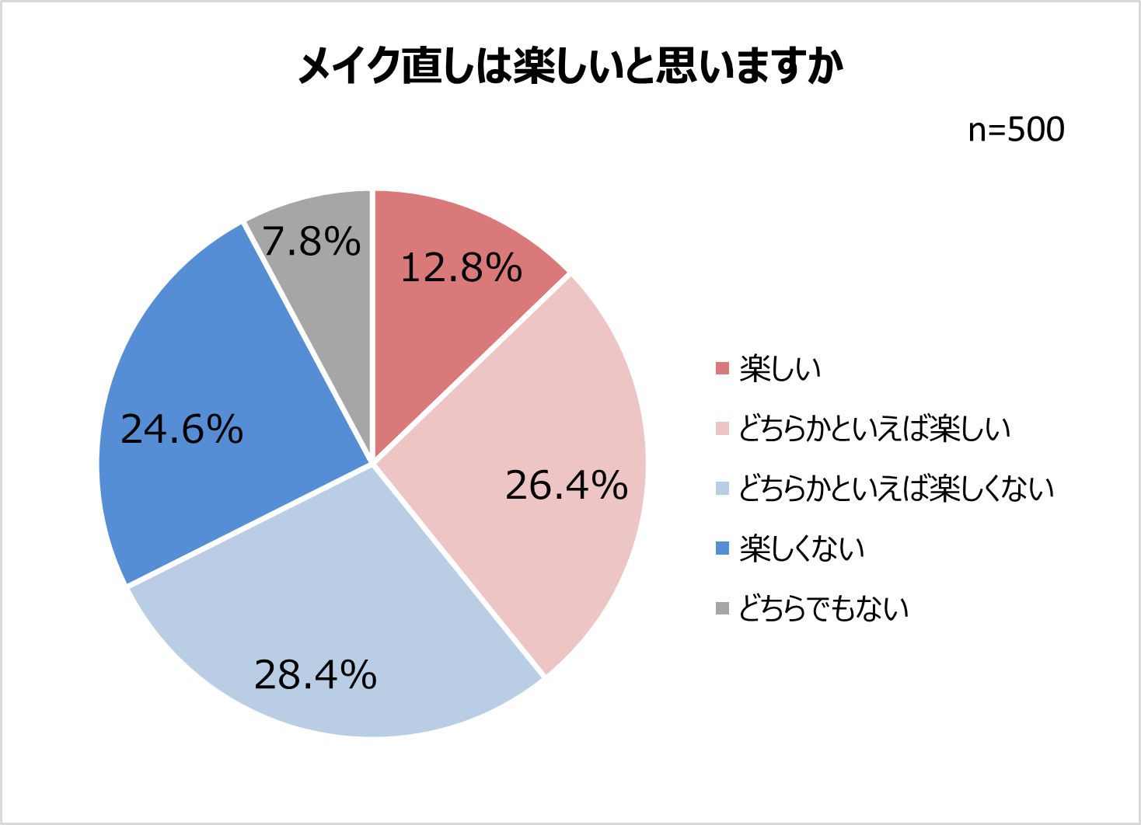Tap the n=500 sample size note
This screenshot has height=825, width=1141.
tap(1016, 131)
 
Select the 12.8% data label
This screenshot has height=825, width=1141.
tap(461, 269)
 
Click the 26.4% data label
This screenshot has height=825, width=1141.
tap(567, 486)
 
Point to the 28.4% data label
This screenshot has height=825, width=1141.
tap(316, 675)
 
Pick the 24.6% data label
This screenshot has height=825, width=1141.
tap(182, 430)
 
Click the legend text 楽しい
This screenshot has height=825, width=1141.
tap(780, 369)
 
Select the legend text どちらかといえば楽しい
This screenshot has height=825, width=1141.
tap(874, 429)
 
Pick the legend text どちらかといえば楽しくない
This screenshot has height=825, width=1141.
tap(896, 489)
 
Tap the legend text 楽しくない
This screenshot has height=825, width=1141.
tap(802, 549)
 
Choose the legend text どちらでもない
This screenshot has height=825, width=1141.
tap(824, 609)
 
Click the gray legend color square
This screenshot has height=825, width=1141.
tap(723, 609)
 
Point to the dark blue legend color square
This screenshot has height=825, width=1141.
tap(723, 549)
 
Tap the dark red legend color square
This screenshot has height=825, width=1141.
tap(723, 369)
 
